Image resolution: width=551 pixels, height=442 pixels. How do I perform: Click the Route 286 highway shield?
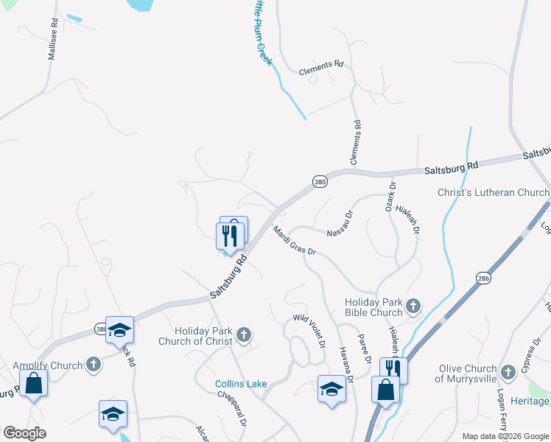tap(483, 279)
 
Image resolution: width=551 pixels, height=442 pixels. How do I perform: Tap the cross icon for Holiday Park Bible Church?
tap(414, 305)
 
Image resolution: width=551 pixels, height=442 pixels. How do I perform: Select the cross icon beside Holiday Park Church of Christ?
tap(244, 337)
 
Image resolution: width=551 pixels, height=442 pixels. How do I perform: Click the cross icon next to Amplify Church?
tap(93, 365)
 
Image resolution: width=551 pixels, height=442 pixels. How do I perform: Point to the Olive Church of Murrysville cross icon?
tap(508, 372)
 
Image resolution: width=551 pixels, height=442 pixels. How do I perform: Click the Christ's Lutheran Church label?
tap(494, 193)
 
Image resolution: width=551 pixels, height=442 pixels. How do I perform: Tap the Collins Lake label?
tap(240, 384)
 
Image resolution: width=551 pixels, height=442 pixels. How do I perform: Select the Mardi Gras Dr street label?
tap(294, 241)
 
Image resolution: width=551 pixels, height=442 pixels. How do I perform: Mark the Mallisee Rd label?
tap(53, 44)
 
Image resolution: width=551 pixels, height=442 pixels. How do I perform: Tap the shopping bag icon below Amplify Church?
tap(33, 384)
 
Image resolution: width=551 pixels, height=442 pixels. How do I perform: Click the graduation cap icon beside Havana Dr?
tap(331, 388)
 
